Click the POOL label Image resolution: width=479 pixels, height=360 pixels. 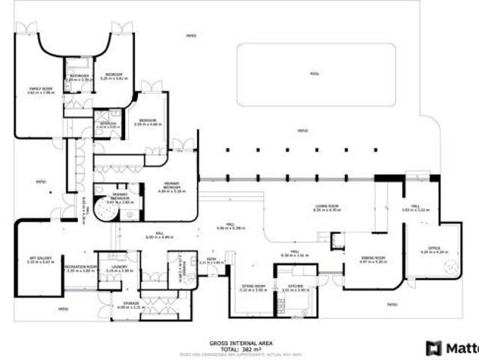coord(314,73)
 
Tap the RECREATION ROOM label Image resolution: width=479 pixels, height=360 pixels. coord(80,267)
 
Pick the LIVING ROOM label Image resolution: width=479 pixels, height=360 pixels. coord(326,208)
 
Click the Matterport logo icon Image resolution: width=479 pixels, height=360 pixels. coord(433,348)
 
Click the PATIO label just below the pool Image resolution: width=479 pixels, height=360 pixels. coord(303,130)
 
